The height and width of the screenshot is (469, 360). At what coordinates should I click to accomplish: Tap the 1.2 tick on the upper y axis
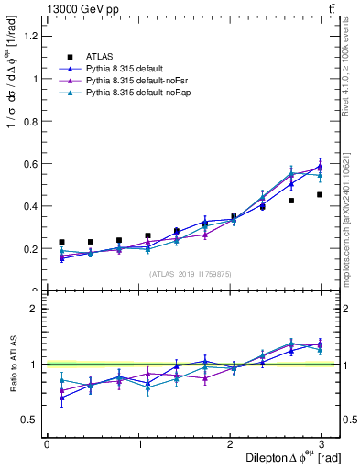coord(32,36)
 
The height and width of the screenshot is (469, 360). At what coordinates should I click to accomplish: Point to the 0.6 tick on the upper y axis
coord(32,164)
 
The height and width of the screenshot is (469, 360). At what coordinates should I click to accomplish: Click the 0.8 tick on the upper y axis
coord(32,121)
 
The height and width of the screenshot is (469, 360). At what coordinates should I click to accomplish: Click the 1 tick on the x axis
coord(139,444)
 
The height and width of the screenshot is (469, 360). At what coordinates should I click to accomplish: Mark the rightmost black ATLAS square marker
coord(320,194)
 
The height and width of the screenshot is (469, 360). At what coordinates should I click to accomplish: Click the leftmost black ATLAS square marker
coord(61,242)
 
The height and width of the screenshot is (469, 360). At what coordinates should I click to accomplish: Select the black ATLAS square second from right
coord(291,201)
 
